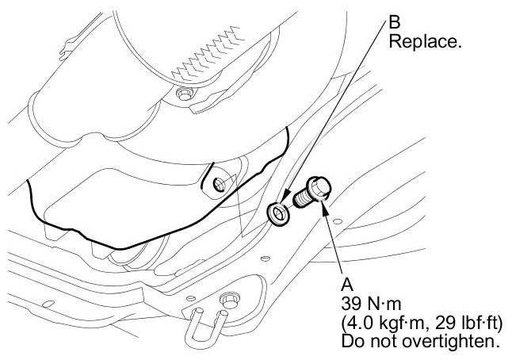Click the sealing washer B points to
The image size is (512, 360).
point(277,213)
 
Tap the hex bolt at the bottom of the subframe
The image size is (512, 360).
point(227,300)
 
